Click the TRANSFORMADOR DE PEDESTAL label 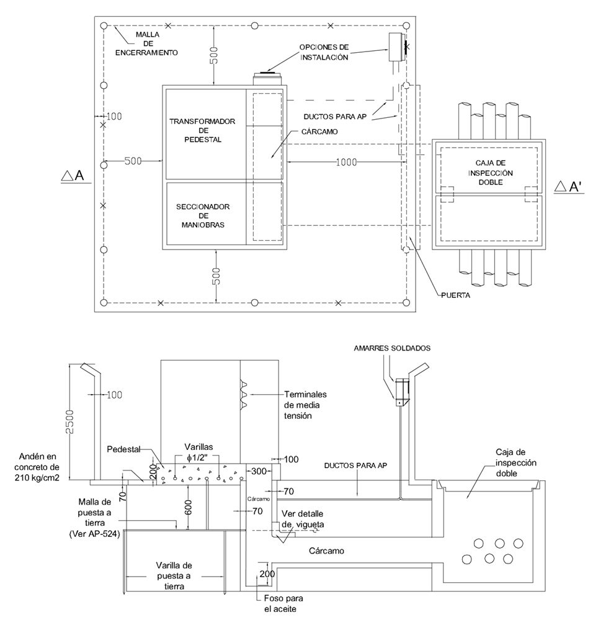click(x=202, y=130)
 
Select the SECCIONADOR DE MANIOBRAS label click(x=203, y=216)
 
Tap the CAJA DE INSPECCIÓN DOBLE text click(x=490, y=173)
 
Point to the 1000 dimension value click(x=346, y=162)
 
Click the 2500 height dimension click(x=69, y=422)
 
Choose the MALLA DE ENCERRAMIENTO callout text click(x=146, y=43)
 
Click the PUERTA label click(x=455, y=295)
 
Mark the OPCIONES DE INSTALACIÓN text click(x=324, y=52)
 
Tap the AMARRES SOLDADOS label click(x=392, y=348)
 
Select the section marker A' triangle click(x=560, y=187)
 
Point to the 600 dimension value click(x=189, y=507)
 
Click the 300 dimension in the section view click(x=259, y=471)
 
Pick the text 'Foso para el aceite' click(x=283, y=604)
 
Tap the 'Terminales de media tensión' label click(x=305, y=405)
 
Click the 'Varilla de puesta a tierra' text click(x=174, y=576)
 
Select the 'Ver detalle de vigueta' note click(x=302, y=519)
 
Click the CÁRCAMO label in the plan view click(x=319, y=132)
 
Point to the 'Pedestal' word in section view click(x=123, y=449)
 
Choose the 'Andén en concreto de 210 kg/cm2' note click(x=37, y=467)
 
